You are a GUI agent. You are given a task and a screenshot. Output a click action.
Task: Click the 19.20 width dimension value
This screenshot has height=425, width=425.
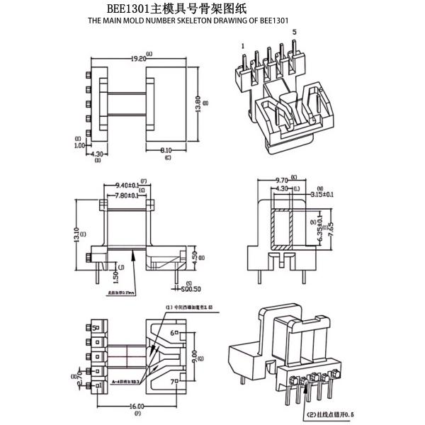[137, 59]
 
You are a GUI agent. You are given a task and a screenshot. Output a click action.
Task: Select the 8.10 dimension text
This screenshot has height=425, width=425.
[167, 150]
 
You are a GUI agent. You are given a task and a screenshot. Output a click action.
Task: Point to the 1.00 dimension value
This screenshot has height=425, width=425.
[80, 145]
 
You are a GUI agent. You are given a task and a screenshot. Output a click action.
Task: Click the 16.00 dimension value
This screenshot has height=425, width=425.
[138, 407]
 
